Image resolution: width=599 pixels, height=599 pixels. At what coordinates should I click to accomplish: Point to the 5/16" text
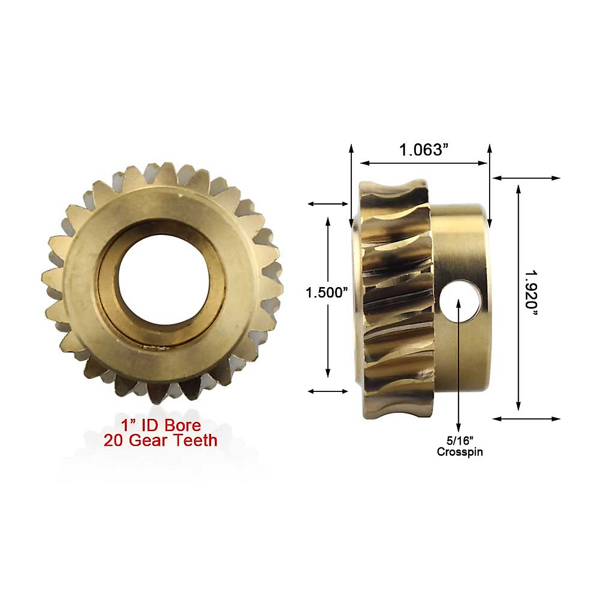point(460,441)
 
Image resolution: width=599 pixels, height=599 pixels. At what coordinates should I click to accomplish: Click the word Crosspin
point(460,452)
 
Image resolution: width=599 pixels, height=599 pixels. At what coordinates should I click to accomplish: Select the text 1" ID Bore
point(161,425)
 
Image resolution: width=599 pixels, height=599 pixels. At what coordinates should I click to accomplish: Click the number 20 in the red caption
point(114,440)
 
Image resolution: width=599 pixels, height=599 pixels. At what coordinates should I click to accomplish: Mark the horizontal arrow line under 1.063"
point(424,163)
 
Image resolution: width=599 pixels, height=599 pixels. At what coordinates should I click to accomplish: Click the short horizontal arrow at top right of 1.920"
point(527,178)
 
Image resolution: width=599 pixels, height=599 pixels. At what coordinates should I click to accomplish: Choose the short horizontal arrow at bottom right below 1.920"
point(527,419)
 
